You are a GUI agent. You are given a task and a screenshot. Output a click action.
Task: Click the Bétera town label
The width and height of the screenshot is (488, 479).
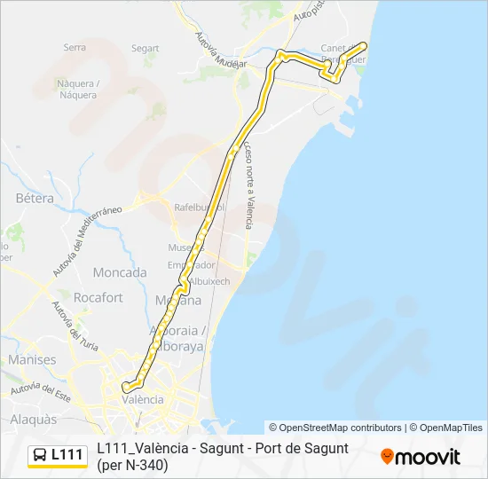[x=35, y=198]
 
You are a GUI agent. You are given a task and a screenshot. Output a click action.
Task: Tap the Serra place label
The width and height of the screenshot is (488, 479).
[x=75, y=48]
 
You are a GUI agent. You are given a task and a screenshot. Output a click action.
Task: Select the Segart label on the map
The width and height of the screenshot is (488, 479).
[x=145, y=49]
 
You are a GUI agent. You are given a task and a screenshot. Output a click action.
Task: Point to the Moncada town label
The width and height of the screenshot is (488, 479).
[x=119, y=272]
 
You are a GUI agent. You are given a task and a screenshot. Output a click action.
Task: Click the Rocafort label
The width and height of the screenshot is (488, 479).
[x=98, y=298]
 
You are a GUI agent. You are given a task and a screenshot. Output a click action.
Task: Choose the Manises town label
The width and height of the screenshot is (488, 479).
[x=31, y=360]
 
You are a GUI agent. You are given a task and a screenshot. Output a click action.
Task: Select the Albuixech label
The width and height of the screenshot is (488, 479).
[x=209, y=281]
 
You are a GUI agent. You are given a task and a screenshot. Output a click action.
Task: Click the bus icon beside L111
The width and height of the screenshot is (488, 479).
[x=40, y=455]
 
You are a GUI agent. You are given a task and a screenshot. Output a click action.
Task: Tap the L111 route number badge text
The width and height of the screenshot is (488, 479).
[x=67, y=455]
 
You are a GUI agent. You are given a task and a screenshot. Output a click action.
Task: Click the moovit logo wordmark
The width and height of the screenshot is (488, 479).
[x=428, y=457]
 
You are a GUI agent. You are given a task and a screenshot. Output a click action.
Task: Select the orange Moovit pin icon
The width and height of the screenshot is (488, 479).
[x=387, y=457]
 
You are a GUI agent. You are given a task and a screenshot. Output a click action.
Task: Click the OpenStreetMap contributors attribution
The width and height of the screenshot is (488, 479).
[x=335, y=428]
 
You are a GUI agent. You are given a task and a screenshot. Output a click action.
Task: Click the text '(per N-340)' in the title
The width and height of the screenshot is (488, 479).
[x=132, y=464]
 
